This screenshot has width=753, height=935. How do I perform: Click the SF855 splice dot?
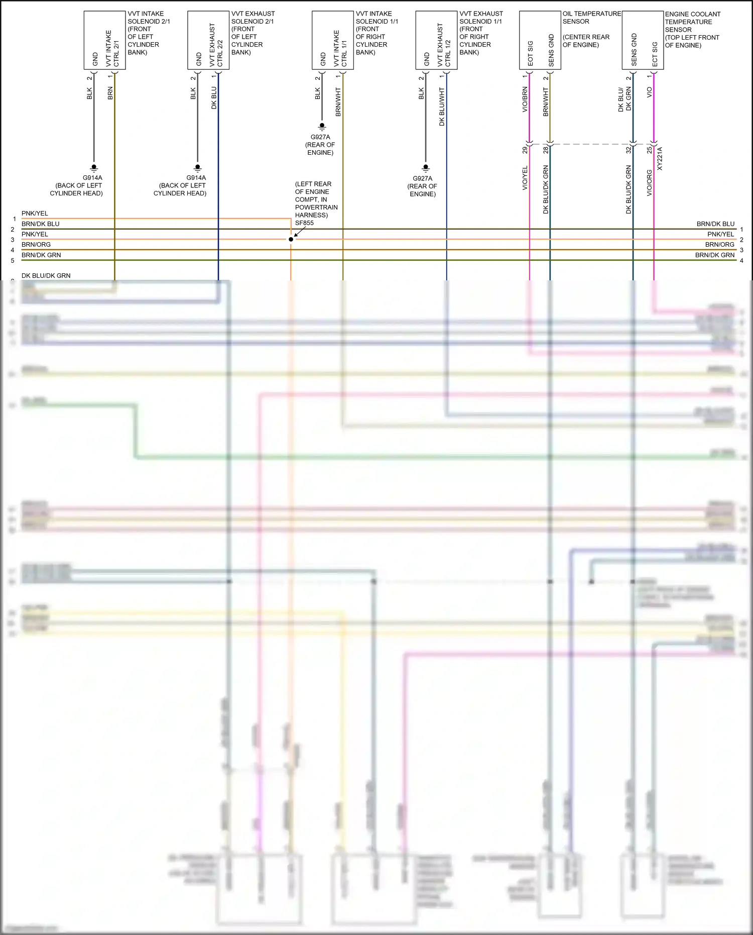coord(291,239)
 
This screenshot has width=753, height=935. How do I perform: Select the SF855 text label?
coord(304,223)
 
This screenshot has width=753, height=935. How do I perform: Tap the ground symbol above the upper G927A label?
coord(322,126)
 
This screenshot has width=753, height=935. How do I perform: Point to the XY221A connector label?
coord(660,159)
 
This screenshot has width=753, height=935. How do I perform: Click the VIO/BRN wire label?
coord(525,99)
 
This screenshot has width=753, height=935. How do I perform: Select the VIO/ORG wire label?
coord(649,183)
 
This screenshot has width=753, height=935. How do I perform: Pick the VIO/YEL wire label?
coord(525,178)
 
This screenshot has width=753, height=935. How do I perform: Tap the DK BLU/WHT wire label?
coord(442,107)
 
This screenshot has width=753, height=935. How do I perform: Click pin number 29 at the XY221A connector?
coord(525,150)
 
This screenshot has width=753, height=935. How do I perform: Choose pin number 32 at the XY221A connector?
coord(629,150)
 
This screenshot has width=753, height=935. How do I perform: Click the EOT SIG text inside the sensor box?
coord(531,53)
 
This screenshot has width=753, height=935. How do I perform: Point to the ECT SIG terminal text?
coord(655,54)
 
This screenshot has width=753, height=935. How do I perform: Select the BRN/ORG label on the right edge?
coord(719,245)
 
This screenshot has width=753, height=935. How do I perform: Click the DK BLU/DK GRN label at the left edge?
coord(46,276)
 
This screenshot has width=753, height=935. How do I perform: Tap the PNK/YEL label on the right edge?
coord(720,234)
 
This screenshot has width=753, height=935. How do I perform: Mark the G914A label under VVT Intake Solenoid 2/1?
coord(92,178)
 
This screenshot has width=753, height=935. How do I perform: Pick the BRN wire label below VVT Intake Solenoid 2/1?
coord(110,93)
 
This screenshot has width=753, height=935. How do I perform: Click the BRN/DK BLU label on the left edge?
coord(40,224)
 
